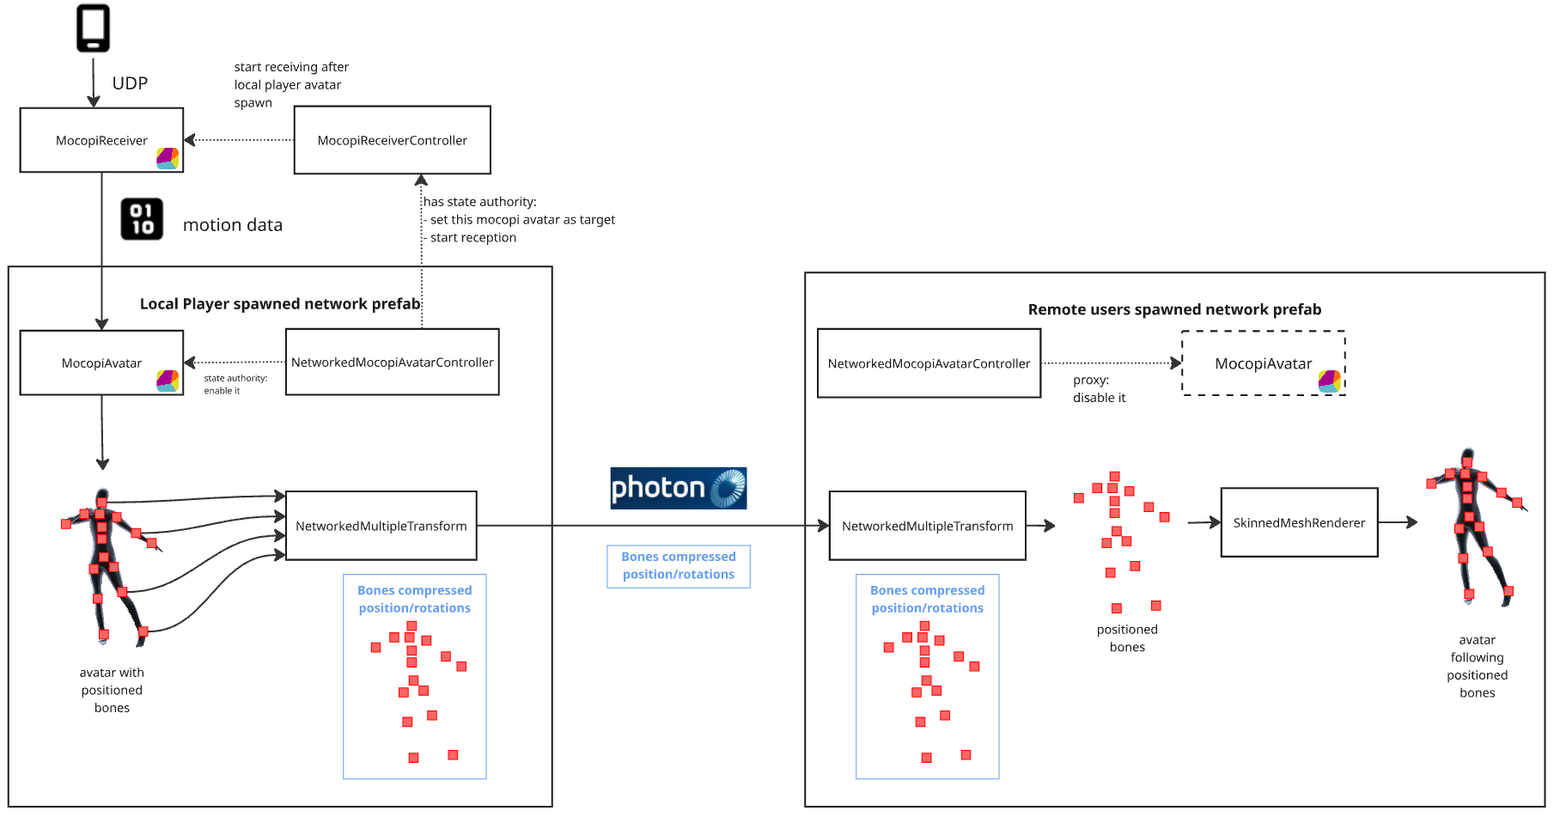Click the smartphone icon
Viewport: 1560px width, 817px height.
(x=93, y=28)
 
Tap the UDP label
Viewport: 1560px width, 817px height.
(x=130, y=83)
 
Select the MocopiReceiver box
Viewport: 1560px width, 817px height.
(x=101, y=140)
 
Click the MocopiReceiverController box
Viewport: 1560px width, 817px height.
(x=392, y=140)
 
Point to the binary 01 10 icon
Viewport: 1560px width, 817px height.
(x=142, y=219)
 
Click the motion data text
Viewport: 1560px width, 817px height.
(x=232, y=225)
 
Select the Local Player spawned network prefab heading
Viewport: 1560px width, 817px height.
(x=280, y=303)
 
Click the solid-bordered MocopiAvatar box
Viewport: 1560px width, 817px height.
(x=101, y=363)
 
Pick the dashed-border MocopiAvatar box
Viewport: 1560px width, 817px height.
(x=1263, y=363)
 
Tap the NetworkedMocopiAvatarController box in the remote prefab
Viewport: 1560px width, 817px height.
(x=929, y=363)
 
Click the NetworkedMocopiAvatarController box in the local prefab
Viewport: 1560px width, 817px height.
(x=392, y=363)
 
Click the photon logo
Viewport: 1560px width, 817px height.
(x=678, y=488)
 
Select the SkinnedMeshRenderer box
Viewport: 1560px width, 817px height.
(x=1299, y=522)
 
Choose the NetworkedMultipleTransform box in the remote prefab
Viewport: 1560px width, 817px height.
(x=927, y=526)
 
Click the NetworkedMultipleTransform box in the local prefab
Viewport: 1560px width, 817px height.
(x=381, y=526)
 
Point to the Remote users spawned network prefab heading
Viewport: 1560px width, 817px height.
(x=1174, y=309)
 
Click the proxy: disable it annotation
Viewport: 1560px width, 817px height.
(x=1098, y=388)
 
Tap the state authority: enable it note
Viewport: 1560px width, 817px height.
(x=235, y=384)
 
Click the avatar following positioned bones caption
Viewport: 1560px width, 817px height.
(x=1477, y=666)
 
